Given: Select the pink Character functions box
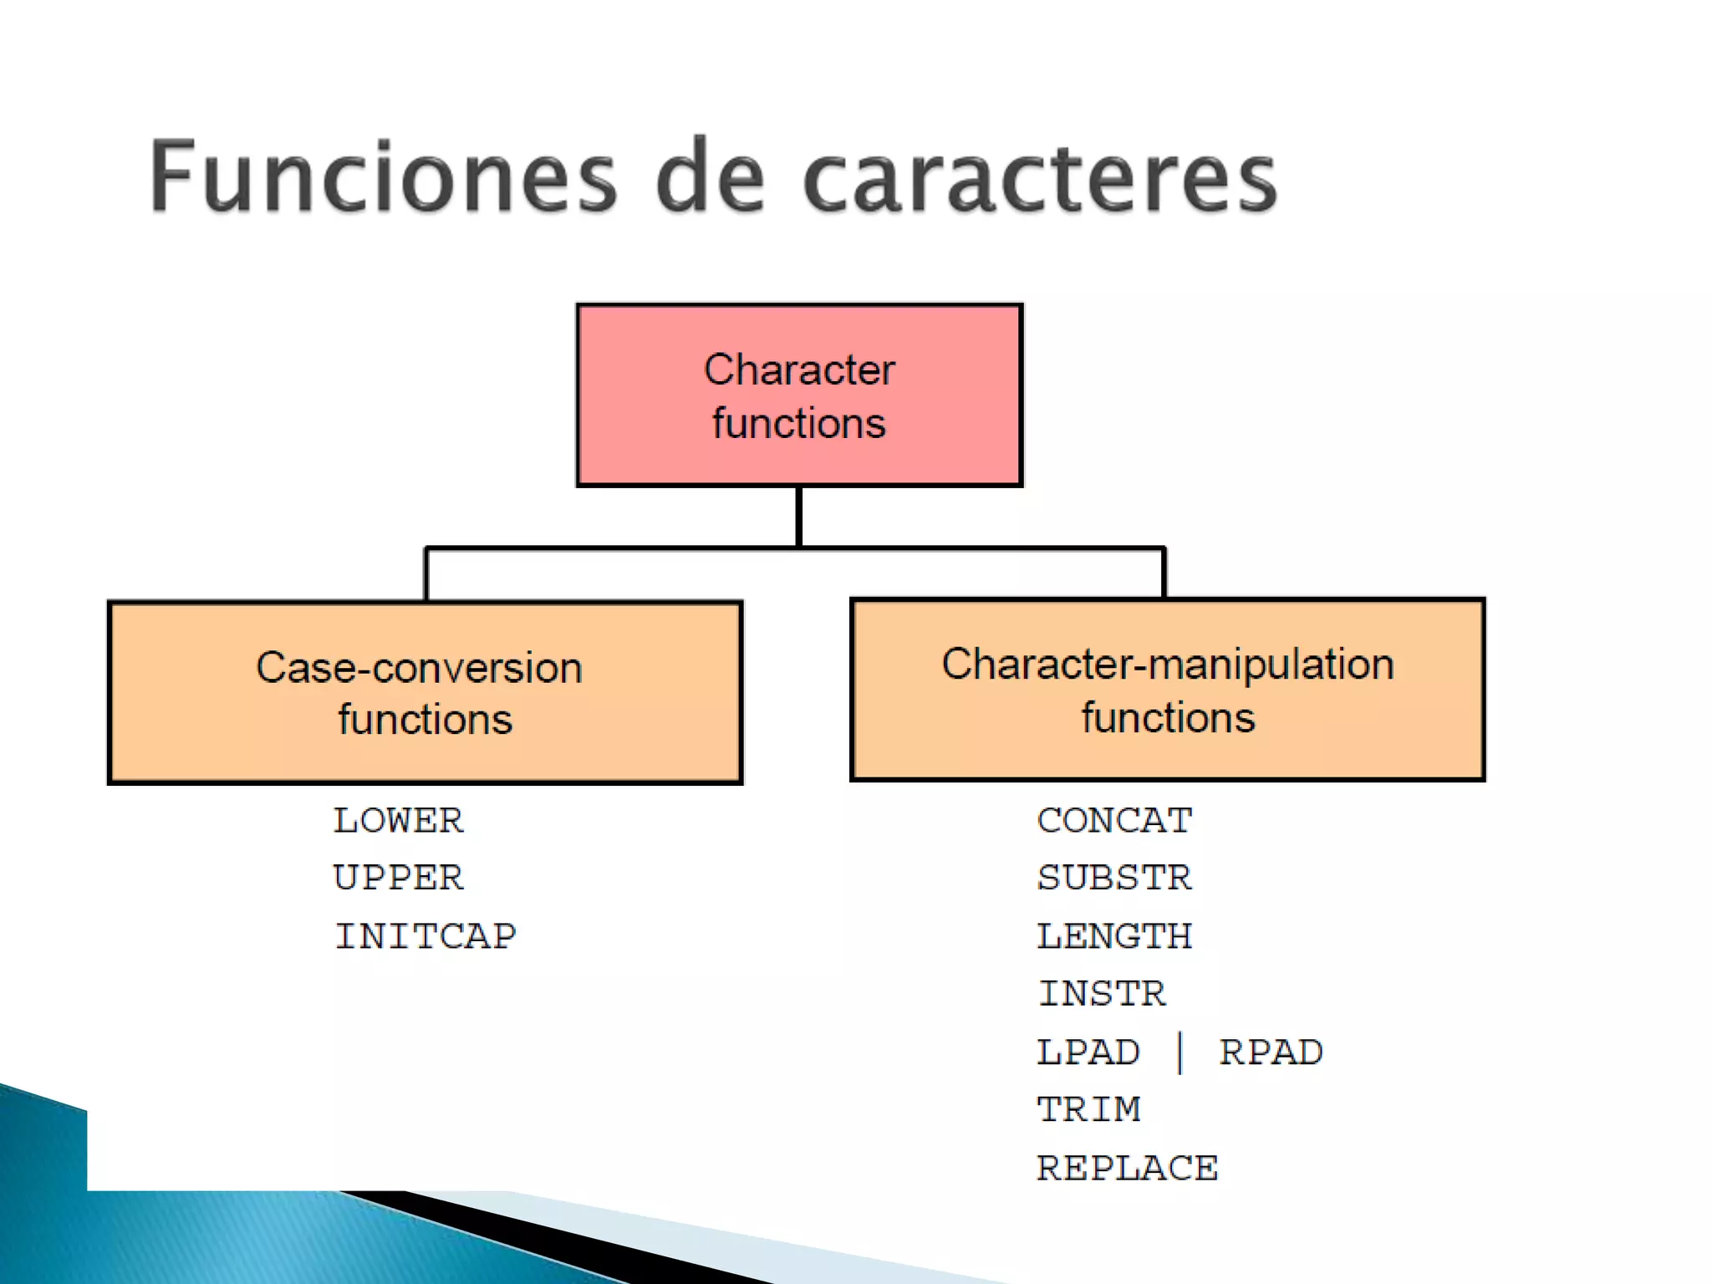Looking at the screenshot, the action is pyautogui.click(x=799, y=395).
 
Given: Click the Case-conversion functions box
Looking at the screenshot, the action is pyautogui.click(x=425, y=692).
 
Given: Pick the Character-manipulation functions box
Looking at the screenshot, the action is pyautogui.click(x=1167, y=690).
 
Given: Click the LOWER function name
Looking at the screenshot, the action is pyautogui.click(x=398, y=821).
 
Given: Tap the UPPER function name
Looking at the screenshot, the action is pyautogui.click(x=398, y=879).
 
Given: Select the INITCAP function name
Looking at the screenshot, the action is pyautogui.click(x=425, y=936).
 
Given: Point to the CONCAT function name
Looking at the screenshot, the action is pyautogui.click(x=1114, y=821).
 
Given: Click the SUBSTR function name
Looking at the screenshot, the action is pyautogui.click(x=1114, y=879).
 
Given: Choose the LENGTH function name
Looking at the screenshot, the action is pyautogui.click(x=1114, y=936).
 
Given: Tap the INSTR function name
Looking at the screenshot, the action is pyautogui.click(x=1102, y=994).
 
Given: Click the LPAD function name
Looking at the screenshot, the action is pyautogui.click(x=1088, y=1052).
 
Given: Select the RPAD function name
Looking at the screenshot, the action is pyautogui.click(x=1271, y=1052).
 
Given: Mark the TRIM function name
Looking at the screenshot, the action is pyautogui.click(x=1088, y=1110).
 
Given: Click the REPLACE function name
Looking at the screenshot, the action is pyautogui.click(x=1127, y=1169).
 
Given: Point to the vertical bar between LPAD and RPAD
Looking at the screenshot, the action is pyautogui.click(x=1180, y=1052).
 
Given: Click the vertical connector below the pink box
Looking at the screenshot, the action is pyautogui.click(x=799, y=517).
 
